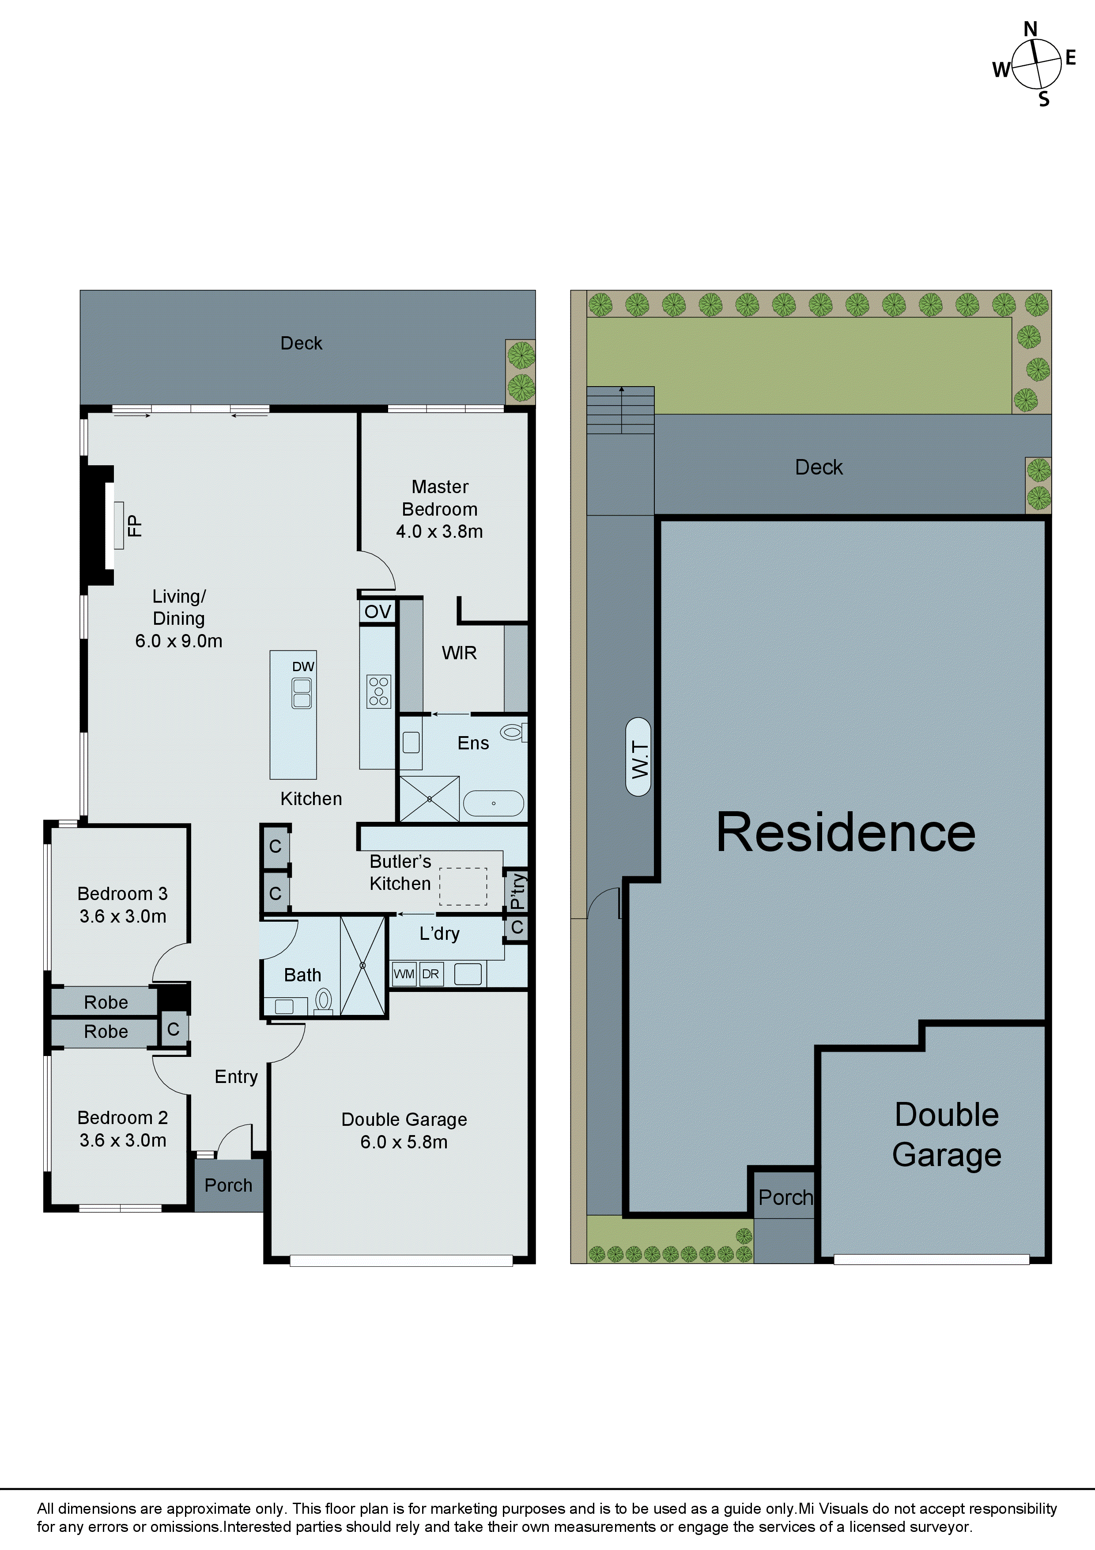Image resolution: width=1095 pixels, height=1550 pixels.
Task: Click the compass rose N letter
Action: click(1030, 30)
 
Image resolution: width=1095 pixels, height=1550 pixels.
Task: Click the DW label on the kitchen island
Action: click(303, 666)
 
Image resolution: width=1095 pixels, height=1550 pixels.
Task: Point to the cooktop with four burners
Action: click(378, 691)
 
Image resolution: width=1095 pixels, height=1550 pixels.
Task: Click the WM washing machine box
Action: click(404, 974)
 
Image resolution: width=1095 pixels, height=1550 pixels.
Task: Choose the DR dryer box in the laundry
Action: click(430, 974)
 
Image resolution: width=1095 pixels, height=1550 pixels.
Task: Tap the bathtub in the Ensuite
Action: click(494, 803)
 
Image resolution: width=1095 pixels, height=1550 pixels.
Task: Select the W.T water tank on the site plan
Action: click(638, 757)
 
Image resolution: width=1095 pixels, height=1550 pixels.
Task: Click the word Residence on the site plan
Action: click(846, 832)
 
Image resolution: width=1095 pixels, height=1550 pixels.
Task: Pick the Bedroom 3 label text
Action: click(122, 894)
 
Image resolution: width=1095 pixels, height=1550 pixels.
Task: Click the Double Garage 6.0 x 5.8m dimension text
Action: click(404, 1142)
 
